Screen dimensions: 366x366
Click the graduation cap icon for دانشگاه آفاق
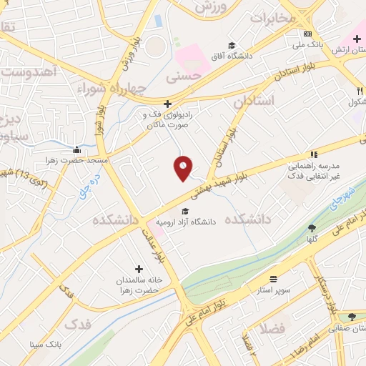[232, 44]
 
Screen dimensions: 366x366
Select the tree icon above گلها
[312, 228]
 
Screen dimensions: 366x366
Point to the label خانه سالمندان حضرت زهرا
[140, 286]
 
